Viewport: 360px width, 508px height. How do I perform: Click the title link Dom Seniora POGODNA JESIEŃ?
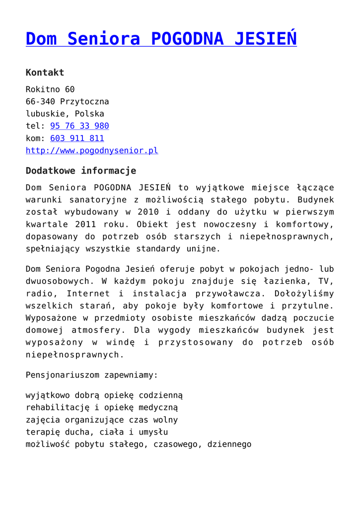coord(161,39)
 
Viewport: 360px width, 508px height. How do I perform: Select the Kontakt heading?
coord(45,72)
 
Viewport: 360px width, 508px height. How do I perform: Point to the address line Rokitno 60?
coord(50,90)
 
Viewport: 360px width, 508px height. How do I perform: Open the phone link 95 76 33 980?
coord(79,126)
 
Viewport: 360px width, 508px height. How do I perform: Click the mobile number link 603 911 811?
coord(77,138)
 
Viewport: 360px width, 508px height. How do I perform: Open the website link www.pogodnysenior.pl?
coord(92,150)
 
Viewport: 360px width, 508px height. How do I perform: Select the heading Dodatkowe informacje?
coord(80,171)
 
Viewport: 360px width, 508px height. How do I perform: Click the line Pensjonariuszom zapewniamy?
coord(92,375)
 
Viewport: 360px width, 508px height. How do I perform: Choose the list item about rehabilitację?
coord(102,408)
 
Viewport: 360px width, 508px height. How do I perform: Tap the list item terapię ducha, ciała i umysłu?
coord(97,432)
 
